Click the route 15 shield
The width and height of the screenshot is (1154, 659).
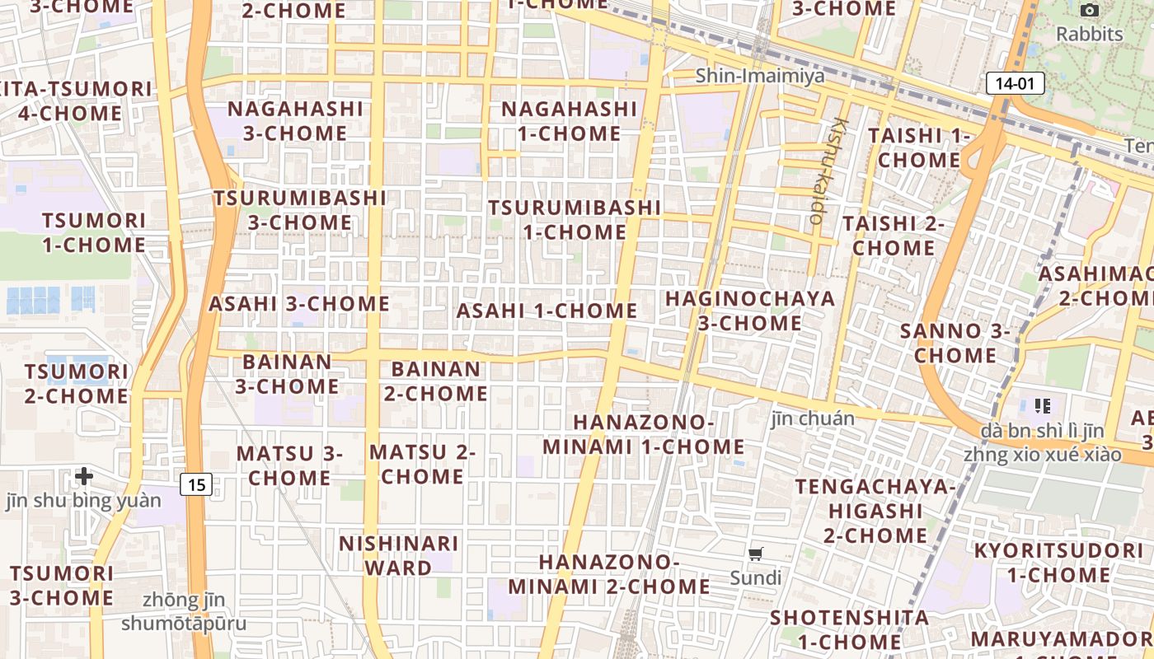coord(196,484)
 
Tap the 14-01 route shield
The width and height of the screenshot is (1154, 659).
coord(1015,83)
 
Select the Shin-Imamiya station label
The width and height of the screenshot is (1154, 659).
coord(759,76)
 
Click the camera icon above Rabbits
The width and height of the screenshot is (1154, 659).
coord(1090,11)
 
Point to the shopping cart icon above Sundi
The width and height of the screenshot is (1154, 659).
coord(756,554)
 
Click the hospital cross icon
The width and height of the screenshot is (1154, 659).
coord(83,476)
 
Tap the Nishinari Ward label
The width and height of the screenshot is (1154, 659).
coord(399,555)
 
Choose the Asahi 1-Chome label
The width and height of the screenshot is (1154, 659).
coord(547,311)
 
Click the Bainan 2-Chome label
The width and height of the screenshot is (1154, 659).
coord(435,381)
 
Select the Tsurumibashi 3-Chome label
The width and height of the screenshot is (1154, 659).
coord(300,210)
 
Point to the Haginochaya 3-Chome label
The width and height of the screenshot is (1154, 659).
coord(750,310)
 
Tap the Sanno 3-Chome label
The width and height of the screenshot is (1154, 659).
coord(955,343)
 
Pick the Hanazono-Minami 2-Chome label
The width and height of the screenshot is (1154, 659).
coord(609,574)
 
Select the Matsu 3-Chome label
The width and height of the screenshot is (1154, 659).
coord(289,465)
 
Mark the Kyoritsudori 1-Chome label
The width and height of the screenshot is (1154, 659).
coord(1058,562)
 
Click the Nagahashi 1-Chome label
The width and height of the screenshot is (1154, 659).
coord(569,120)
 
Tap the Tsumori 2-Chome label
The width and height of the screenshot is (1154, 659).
coord(76,384)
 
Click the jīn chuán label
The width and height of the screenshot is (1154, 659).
coord(813,418)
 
